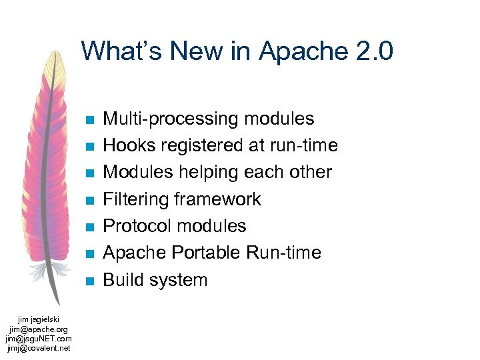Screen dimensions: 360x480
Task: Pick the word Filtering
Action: click(x=136, y=199)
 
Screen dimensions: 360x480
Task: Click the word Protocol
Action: click(x=138, y=226)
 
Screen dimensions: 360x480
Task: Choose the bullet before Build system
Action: click(x=89, y=281)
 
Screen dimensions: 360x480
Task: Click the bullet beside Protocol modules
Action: click(x=89, y=227)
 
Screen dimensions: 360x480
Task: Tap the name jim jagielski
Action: click(x=39, y=321)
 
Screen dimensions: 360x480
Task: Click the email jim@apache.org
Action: click(x=39, y=329)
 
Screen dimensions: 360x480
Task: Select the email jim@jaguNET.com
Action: click(x=39, y=338)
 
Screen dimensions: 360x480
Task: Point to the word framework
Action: click(x=217, y=199)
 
